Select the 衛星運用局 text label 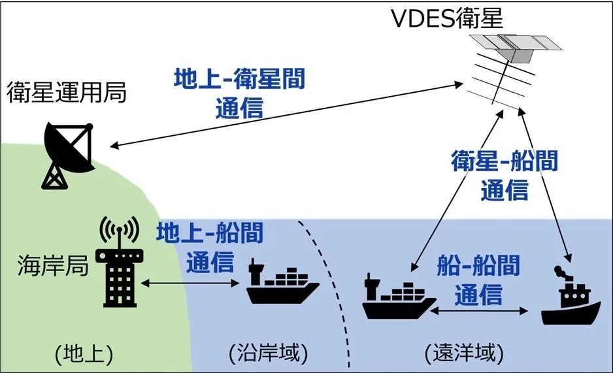(66, 93)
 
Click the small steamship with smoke (571, 300)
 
